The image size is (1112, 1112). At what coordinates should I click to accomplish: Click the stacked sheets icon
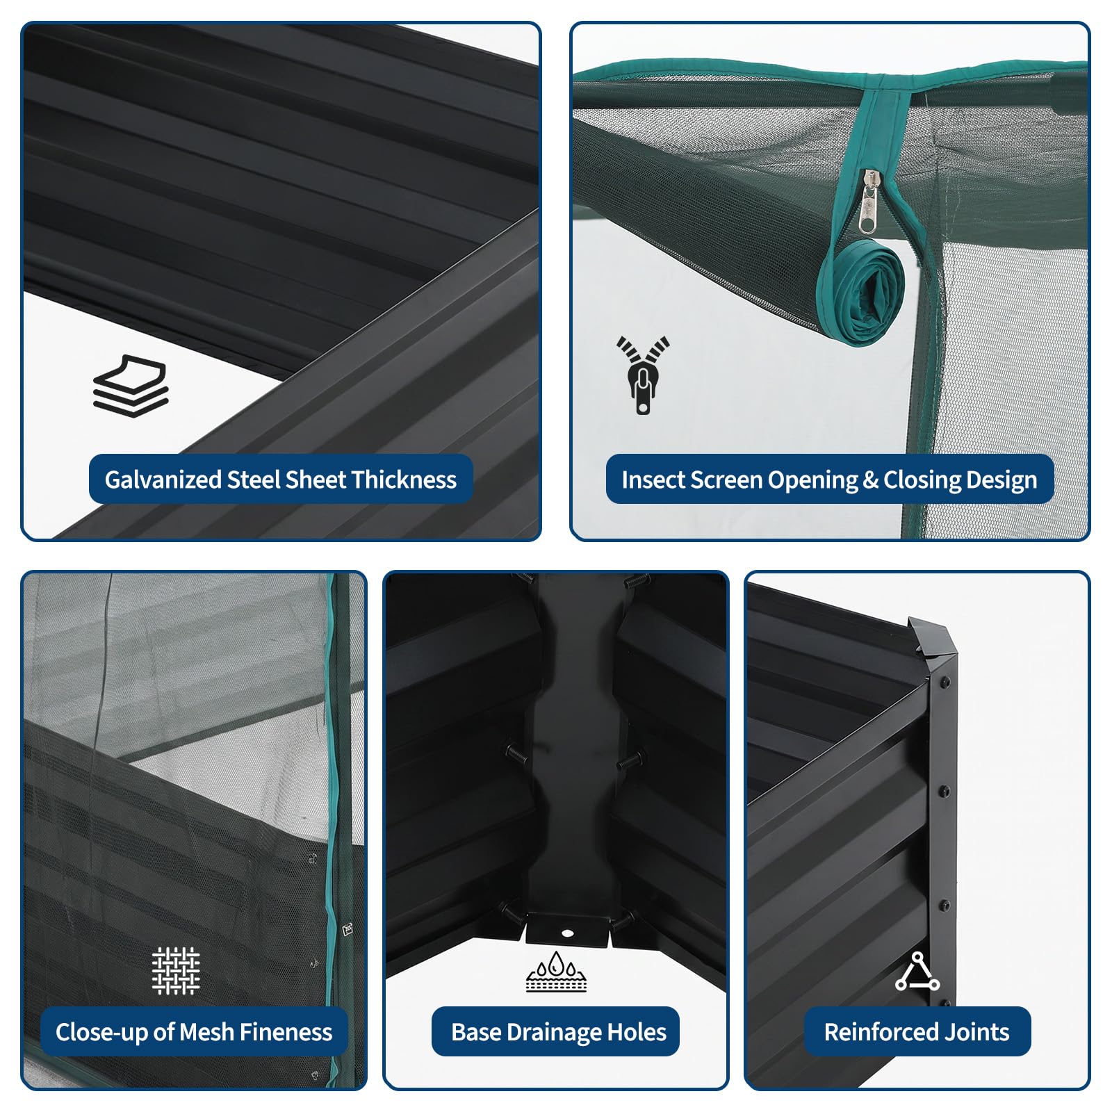(131, 386)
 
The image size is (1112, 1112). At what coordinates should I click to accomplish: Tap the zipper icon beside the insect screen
(643, 375)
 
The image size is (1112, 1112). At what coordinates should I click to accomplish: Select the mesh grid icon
(176, 970)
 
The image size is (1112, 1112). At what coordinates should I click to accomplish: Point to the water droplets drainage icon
(556, 971)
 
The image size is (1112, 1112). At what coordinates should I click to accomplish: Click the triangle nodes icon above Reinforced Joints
(917, 972)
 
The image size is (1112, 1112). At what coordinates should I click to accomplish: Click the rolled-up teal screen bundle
(862, 292)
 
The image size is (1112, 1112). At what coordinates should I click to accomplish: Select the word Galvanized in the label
(163, 480)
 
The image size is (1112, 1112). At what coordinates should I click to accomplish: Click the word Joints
(976, 1032)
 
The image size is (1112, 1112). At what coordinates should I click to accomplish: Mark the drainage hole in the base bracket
(567, 933)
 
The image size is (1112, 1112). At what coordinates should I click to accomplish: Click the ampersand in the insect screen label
(871, 480)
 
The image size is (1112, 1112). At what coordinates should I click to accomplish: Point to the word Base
(476, 1032)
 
